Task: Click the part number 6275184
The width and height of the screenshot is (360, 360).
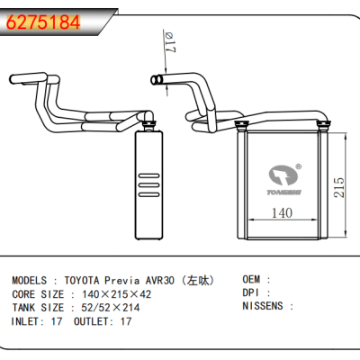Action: coord(42,21)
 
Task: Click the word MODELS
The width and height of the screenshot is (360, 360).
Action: coord(31,280)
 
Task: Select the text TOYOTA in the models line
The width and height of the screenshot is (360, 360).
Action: coord(85,280)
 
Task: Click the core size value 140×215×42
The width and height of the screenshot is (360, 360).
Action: coord(116,293)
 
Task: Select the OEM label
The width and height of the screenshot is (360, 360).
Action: coord(255,280)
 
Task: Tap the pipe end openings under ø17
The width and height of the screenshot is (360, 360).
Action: coord(160,81)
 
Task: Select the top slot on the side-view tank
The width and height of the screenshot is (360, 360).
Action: coord(145,169)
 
